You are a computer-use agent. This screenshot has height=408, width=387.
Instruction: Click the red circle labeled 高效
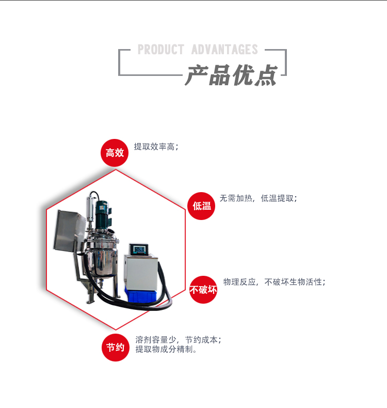(115, 153)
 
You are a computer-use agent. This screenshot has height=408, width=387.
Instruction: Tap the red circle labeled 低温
(201, 206)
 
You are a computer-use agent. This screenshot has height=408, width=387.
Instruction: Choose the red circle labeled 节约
(115, 348)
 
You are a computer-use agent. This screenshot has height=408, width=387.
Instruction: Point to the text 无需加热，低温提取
(258, 198)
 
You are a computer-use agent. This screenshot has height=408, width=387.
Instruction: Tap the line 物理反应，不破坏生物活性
(274, 282)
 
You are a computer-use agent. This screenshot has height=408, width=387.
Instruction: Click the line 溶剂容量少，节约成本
(178, 340)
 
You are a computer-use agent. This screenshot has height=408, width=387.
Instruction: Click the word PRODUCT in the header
(160, 50)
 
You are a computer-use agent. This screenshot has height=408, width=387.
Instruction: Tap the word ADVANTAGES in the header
(224, 50)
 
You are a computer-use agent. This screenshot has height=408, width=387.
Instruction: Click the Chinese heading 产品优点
(231, 75)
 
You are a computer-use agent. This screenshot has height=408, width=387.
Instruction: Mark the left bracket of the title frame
(120, 62)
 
